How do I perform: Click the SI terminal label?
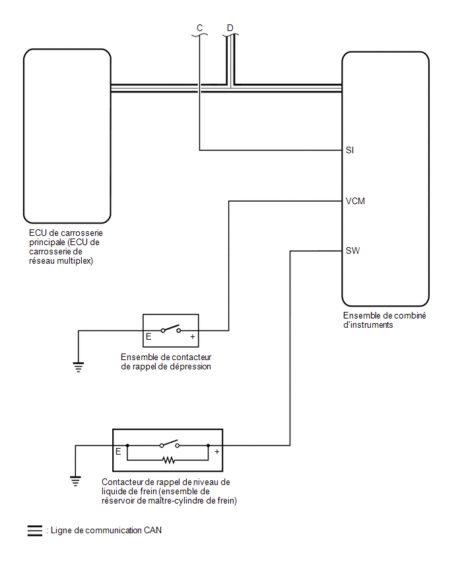click(350, 150)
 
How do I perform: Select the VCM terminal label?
click(355, 201)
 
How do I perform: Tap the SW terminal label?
click(352, 250)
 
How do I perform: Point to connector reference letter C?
click(200, 28)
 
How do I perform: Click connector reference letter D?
click(230, 28)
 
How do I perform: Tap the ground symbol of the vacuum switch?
click(79, 367)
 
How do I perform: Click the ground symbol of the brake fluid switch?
click(75, 481)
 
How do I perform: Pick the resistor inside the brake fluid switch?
click(168, 460)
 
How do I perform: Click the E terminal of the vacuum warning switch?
click(148, 337)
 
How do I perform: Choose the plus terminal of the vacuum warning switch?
click(193, 337)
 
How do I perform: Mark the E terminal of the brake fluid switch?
click(118, 452)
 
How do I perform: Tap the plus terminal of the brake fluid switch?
click(217, 452)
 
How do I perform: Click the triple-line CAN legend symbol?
click(35, 531)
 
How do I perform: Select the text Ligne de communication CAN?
click(106, 531)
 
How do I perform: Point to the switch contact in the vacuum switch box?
click(171, 328)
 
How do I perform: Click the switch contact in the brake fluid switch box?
click(170, 443)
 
